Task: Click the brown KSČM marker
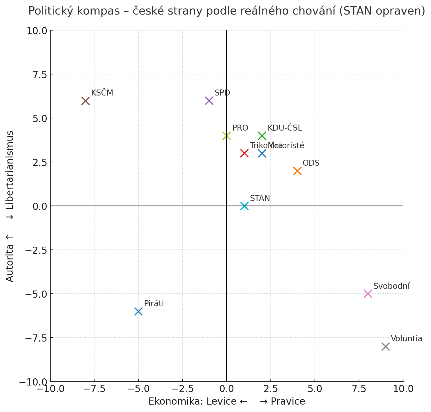[85, 101]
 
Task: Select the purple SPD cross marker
[209, 101]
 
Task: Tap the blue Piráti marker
[138, 311]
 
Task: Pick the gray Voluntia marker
[385, 346]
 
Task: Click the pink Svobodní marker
[368, 294]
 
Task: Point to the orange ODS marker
[297, 171]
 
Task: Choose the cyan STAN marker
[244, 206]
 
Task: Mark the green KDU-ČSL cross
[262, 136]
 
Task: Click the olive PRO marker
[227, 136]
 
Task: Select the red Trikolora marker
[244, 153]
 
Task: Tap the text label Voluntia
[406, 339]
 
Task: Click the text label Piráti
[154, 304]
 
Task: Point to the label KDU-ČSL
[285, 128]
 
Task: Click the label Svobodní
[391, 286]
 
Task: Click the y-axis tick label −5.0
[36, 294]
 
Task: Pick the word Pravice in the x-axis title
[288, 401]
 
